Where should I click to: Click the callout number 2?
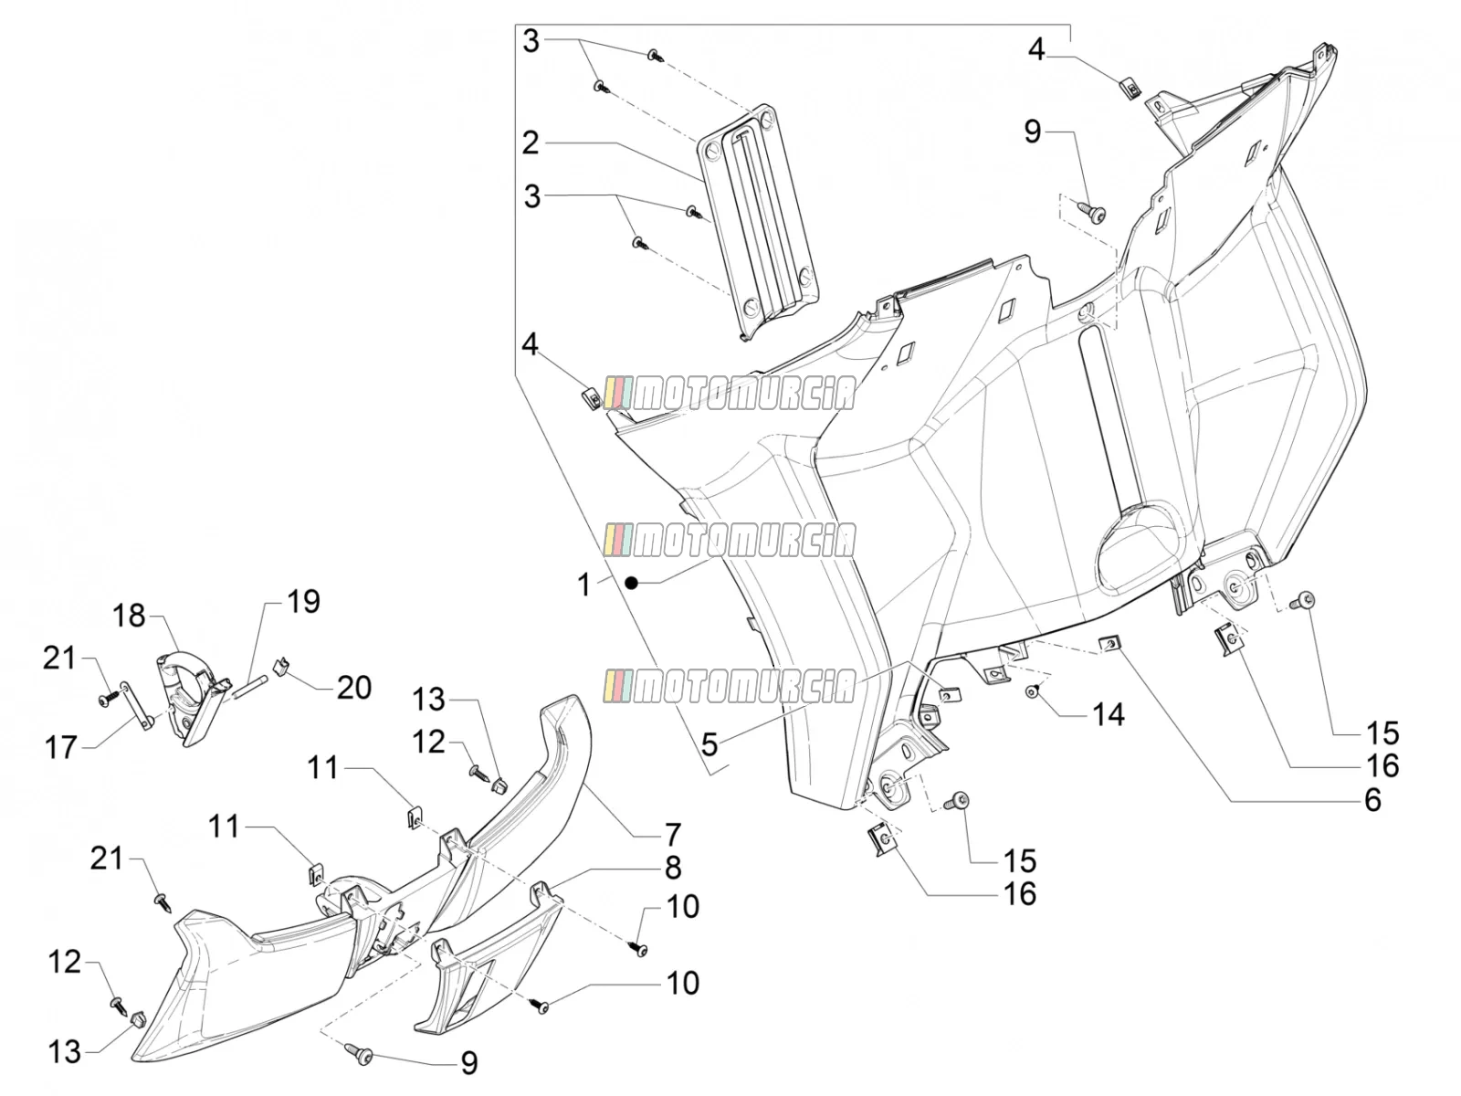pos(530,143)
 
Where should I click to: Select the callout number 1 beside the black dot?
pos(583,585)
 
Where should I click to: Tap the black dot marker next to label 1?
pos(631,584)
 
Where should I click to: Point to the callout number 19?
pos(303,602)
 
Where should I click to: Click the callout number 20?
pos(353,688)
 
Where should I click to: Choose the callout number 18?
pos(129,616)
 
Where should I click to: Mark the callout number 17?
pos(60,747)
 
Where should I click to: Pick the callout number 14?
pos(1109,715)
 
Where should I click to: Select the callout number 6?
pos(1372,800)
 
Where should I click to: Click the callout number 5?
pos(709,744)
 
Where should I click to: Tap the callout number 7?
pos(673,835)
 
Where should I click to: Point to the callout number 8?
pos(673,868)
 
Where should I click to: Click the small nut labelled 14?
pos(1031,693)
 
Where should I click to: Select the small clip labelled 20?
pos(281,667)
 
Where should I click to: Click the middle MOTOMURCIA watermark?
pos(730,540)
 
